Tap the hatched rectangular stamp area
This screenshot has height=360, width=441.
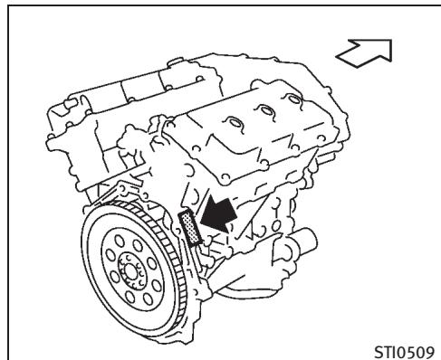click(189, 227)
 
